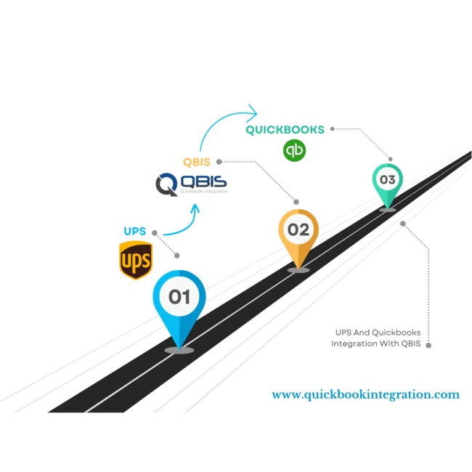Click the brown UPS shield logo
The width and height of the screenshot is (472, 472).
(x=136, y=260)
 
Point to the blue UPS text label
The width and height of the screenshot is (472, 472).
(x=135, y=232)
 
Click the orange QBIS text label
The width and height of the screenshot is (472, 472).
(x=196, y=162)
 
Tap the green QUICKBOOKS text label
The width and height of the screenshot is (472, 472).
(x=285, y=130)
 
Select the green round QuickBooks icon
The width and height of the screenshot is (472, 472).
(x=295, y=151)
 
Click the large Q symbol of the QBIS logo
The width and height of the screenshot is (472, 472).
(x=166, y=184)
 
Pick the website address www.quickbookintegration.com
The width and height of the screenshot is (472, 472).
(x=365, y=395)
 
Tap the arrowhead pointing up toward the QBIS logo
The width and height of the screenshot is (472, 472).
(x=194, y=209)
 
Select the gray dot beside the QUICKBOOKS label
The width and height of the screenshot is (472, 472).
(x=333, y=129)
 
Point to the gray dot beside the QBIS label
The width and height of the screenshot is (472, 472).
(x=219, y=161)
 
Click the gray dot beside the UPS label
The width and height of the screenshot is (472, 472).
(x=155, y=232)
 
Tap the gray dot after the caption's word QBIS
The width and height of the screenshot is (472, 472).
(x=428, y=345)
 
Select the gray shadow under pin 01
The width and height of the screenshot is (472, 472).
(x=179, y=350)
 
